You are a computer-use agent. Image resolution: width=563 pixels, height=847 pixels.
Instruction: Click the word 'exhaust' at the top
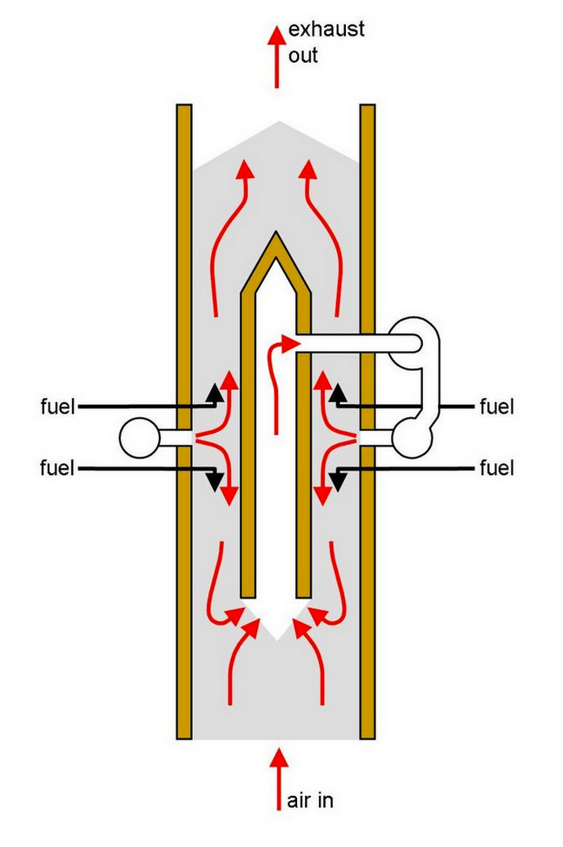(326, 30)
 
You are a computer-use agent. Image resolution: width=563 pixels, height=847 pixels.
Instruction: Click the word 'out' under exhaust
(304, 56)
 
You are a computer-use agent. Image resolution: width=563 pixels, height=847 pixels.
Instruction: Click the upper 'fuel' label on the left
(57, 406)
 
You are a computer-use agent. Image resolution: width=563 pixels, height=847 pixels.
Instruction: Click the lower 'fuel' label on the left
(57, 468)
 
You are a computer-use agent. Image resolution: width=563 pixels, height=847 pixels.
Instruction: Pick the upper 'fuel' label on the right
(497, 406)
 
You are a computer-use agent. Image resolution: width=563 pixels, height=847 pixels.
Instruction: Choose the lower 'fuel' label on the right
(497, 468)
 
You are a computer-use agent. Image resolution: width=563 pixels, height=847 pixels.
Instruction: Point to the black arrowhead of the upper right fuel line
(339, 396)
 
